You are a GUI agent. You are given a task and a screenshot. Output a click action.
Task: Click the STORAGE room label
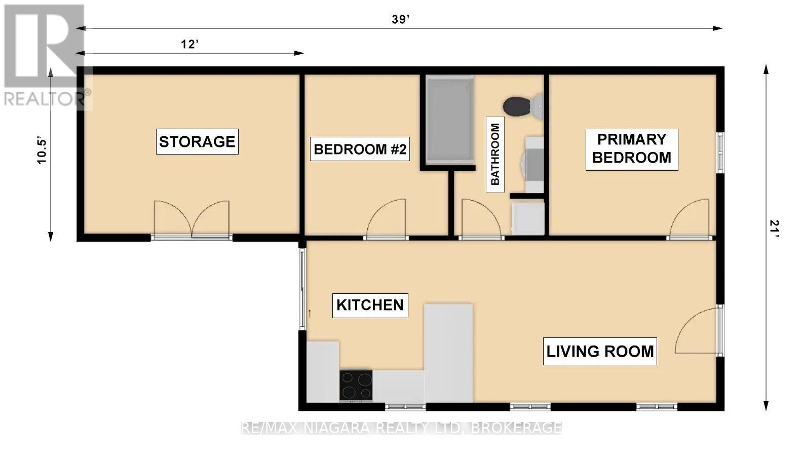(197, 142)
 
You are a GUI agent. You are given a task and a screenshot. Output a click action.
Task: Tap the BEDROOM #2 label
(360, 150)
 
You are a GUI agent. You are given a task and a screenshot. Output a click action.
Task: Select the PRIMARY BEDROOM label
(631, 148)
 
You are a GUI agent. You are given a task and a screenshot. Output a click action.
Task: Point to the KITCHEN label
(370, 305)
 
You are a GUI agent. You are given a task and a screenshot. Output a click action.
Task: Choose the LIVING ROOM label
(600, 351)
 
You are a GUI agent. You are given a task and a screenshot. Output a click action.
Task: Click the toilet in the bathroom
(522, 105)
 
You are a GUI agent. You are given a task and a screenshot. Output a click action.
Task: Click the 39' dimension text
(400, 20)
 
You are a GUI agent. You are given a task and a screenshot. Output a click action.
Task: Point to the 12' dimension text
(189, 45)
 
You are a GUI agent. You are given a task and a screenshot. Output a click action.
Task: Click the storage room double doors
(192, 219)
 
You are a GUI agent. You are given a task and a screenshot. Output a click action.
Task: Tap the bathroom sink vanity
(533, 164)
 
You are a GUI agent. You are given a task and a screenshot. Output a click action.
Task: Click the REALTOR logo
(45, 56)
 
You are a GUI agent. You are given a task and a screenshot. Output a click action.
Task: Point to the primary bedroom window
(720, 152)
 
